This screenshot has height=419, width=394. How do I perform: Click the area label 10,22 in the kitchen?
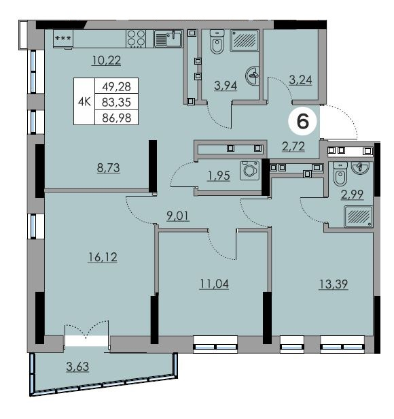tap(107, 60)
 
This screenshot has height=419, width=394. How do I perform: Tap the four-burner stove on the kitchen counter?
tap(136, 39)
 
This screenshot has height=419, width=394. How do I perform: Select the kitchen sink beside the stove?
tap(168, 39)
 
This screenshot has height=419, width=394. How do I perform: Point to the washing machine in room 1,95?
tap(249, 170)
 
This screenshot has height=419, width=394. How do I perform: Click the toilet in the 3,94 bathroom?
tap(217, 41)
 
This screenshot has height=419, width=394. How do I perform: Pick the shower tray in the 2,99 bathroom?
tap(359, 216)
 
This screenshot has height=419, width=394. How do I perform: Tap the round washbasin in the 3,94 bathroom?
tap(252, 76)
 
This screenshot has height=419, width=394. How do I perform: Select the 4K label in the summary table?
tap(84, 102)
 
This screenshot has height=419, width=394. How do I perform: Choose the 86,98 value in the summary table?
tap(117, 118)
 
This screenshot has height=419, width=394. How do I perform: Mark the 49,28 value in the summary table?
tap(117, 86)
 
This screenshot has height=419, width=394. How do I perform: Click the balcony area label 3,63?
tap(77, 367)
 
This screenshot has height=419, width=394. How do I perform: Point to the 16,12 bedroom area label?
tap(103, 257)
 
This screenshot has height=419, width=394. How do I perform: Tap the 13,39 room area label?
tap(334, 284)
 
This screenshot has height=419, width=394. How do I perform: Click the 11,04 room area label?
tap(215, 284)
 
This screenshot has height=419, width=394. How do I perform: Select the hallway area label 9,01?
tap(178, 216)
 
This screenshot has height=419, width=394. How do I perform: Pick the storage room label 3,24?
tap(300, 80)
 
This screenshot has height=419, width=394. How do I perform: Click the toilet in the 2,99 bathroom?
tap(340, 173)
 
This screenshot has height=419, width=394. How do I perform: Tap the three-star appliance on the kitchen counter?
tap(63, 39)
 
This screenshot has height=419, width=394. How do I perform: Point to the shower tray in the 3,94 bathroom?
tap(245, 40)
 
